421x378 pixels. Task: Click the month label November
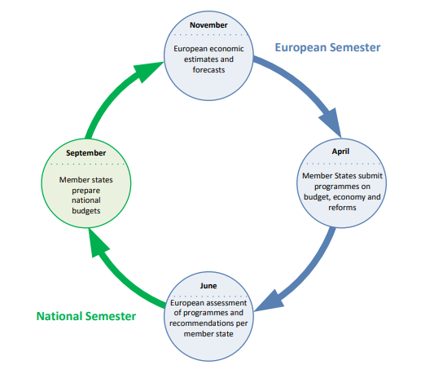(x=208, y=25)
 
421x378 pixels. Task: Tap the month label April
(x=340, y=152)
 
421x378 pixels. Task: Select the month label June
(x=208, y=286)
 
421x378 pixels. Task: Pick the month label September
(x=86, y=153)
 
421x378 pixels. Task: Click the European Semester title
(x=327, y=47)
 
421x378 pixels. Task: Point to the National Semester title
(x=86, y=316)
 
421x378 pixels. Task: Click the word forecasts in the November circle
(x=208, y=70)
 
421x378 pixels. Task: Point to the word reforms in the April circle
(x=342, y=208)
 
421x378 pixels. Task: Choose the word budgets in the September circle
(x=86, y=211)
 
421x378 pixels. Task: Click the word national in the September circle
(x=86, y=200)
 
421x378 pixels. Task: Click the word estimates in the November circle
(x=198, y=59)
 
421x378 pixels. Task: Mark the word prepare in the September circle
(x=86, y=191)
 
